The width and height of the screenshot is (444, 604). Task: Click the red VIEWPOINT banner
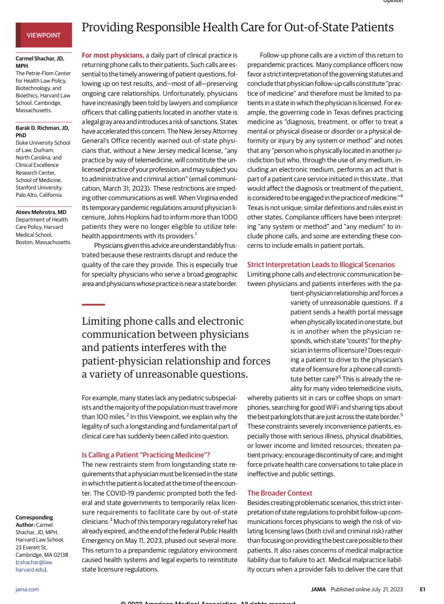tap(44, 35)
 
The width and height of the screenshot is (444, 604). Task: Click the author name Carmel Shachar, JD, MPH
tap(39, 62)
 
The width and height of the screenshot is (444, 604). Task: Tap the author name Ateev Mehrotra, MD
tap(41, 212)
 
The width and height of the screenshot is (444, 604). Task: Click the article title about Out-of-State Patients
tap(237, 28)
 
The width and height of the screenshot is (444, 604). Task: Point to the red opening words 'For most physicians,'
tap(113, 55)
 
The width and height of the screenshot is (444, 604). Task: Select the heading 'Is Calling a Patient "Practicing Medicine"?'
tap(146, 455)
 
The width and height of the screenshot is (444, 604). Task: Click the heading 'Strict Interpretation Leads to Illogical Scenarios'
tap(321, 265)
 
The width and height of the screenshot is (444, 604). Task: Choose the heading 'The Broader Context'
tap(280, 493)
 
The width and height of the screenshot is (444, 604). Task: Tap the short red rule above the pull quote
tap(93, 304)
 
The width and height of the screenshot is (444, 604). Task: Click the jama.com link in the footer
tap(27, 589)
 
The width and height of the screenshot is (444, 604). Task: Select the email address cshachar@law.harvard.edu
tap(35, 566)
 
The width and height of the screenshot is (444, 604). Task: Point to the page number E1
tap(422, 589)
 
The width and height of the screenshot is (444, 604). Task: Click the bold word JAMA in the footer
tap(318, 589)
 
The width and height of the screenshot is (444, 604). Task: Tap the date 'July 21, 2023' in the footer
tap(387, 589)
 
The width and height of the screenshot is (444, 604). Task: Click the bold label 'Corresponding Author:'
tap(34, 521)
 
